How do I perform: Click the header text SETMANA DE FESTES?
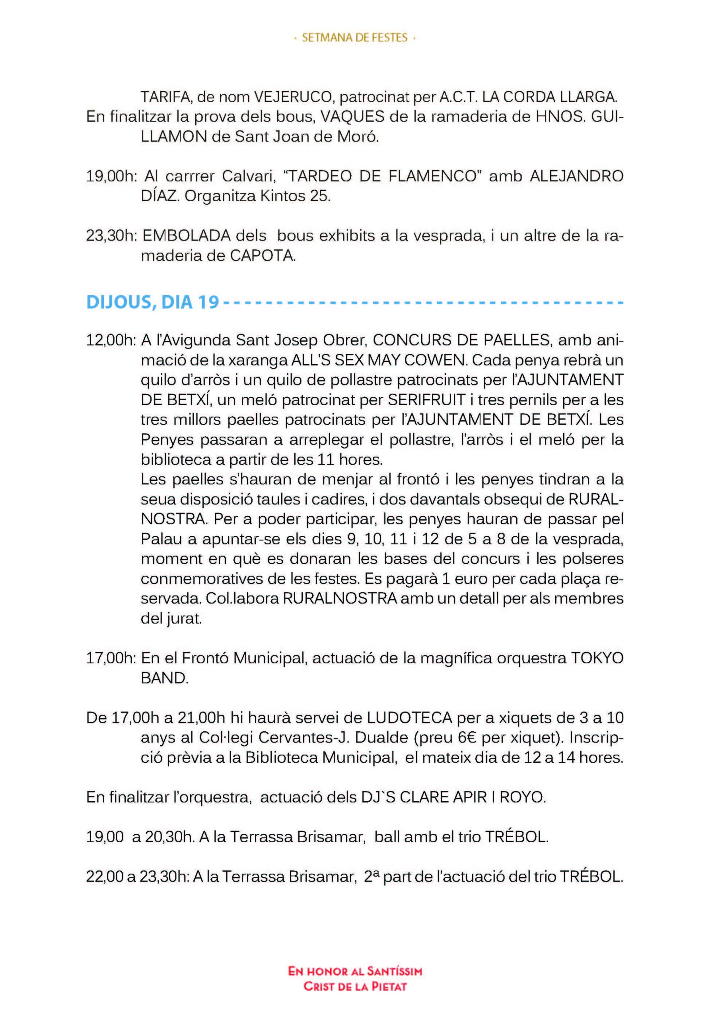pos(354,38)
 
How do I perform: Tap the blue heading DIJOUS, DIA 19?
pos(153,302)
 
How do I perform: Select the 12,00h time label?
pos(111,340)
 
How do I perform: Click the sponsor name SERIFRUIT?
pos(425,400)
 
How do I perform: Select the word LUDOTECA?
pos(409,717)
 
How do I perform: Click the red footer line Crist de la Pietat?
pos(355,983)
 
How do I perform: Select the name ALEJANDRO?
pos(576,177)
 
